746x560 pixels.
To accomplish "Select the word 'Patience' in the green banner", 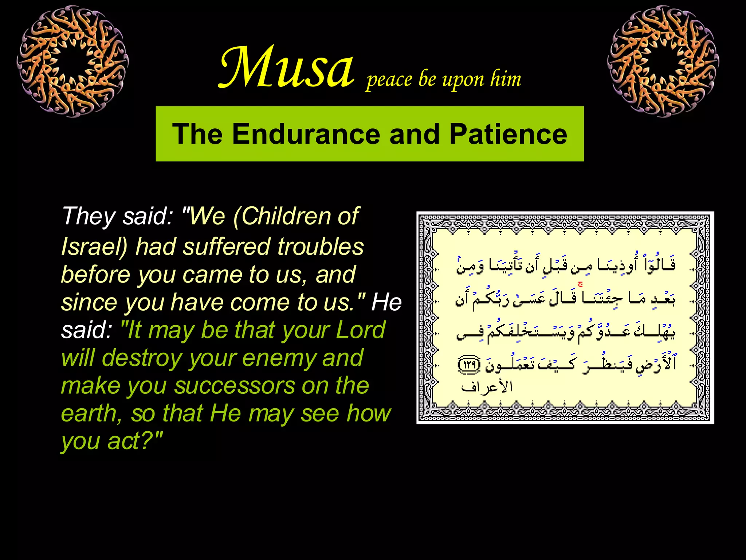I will point(508,134).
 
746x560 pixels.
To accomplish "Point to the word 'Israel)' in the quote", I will point(94,247).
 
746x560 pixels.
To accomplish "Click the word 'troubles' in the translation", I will point(320,247).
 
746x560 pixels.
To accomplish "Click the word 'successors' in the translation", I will point(235,386).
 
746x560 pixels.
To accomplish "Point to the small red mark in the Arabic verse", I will point(580,284).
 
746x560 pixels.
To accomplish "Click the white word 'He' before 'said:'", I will point(386,303).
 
